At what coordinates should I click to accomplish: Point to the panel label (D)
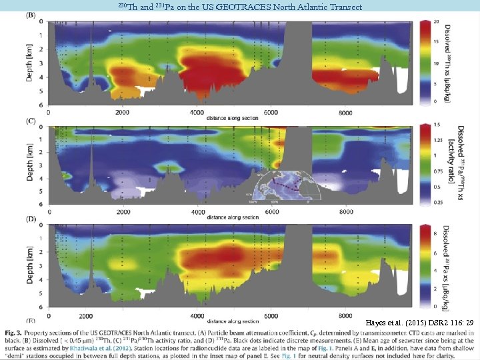click(31, 219)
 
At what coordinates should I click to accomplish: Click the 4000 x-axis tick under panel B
click(198, 113)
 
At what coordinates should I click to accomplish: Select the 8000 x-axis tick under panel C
click(345, 212)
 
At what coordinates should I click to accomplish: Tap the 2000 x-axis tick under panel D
click(123, 316)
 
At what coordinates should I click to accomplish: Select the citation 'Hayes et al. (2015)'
click(394, 322)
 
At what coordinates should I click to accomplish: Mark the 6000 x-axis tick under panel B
click(271, 113)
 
